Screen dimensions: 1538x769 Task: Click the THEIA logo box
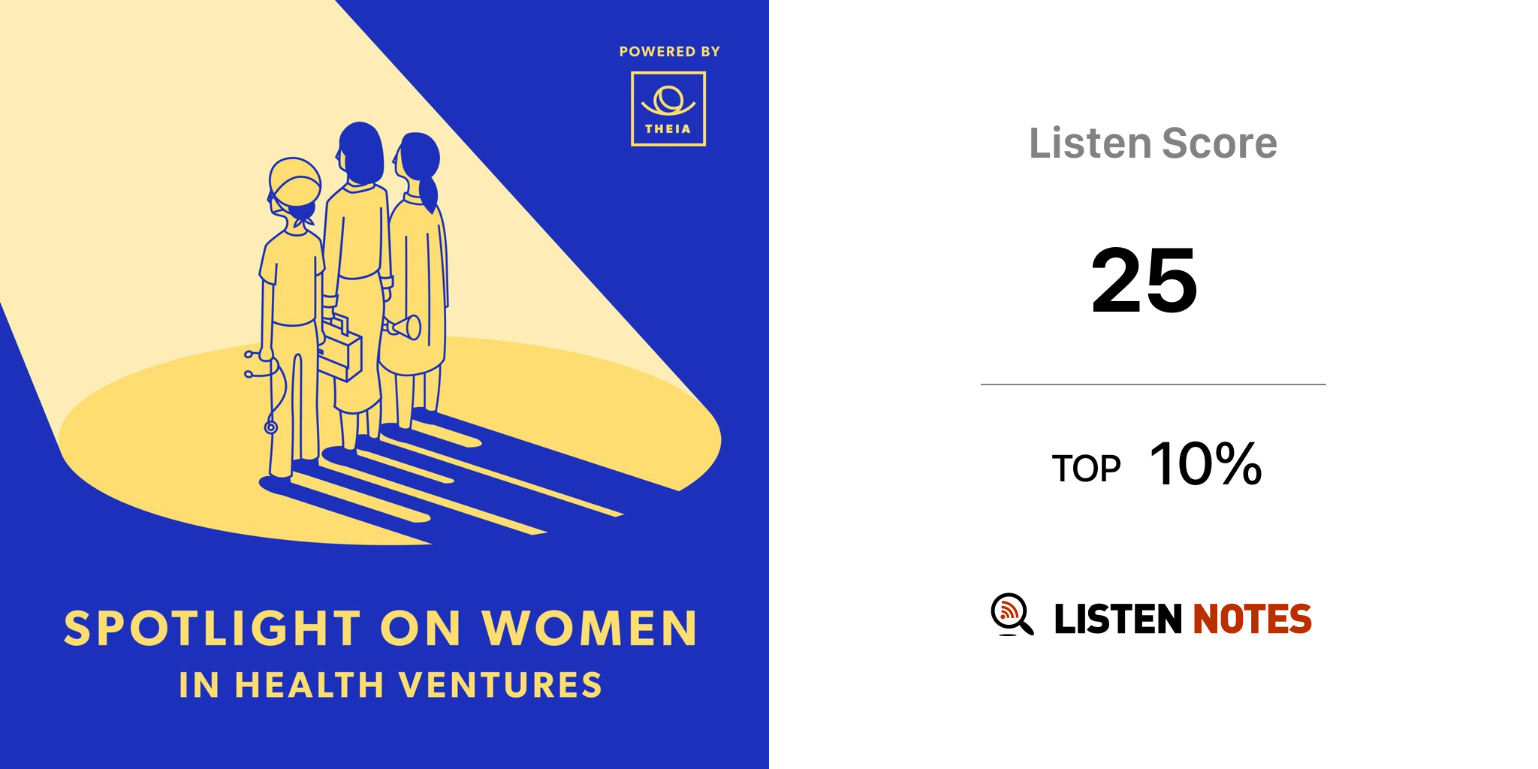(x=668, y=109)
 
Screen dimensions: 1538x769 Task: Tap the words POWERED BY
(x=670, y=52)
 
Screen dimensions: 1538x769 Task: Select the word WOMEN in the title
(x=590, y=628)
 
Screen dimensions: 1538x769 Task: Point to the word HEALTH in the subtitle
(x=309, y=685)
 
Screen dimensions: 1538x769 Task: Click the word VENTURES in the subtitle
(x=500, y=685)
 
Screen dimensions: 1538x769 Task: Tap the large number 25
(x=1144, y=280)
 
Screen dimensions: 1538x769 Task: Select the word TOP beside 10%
(x=1086, y=469)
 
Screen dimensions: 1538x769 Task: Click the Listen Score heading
(x=1153, y=143)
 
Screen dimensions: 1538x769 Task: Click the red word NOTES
(x=1252, y=619)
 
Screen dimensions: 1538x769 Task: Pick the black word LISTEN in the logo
(x=1118, y=619)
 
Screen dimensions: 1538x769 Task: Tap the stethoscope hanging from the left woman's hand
(x=266, y=391)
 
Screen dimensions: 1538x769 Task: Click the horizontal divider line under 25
(x=1153, y=384)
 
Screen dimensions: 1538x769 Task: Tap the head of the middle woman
(x=360, y=152)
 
